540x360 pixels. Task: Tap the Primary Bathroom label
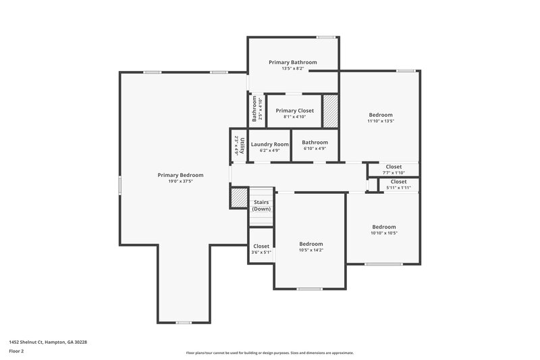click(292, 62)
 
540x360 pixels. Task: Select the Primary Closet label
click(295, 110)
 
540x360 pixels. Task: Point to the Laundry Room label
click(270, 144)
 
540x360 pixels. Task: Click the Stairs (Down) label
click(261, 205)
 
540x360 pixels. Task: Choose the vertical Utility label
click(236, 145)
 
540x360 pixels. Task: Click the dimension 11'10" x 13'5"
click(380, 122)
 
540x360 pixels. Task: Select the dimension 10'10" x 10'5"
click(384, 233)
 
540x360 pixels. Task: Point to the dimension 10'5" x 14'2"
click(311, 251)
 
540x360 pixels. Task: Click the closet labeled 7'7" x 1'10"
click(394, 169)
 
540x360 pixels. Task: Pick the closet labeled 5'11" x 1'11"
click(398, 184)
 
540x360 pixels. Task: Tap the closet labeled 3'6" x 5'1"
click(261, 249)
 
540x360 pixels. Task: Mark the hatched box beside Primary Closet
click(330, 111)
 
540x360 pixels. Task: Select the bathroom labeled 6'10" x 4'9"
click(315, 145)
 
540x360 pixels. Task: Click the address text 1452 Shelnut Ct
click(48, 342)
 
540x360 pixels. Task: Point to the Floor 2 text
click(17, 351)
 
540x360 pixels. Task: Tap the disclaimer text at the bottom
click(270, 353)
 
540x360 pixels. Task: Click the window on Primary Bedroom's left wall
click(120, 185)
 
